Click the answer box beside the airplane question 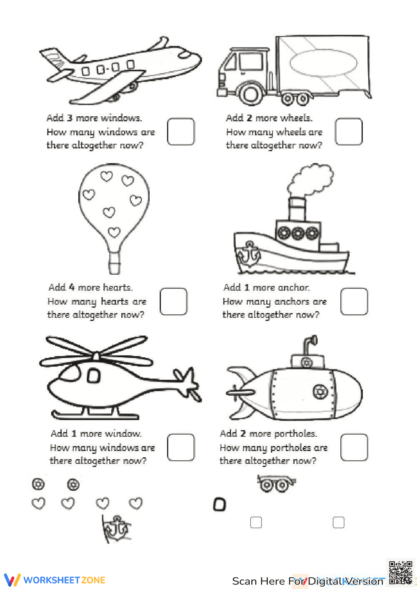tap(181, 132)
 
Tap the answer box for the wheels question tap(349, 132)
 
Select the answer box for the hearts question tap(173, 301)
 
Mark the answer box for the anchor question tap(354, 301)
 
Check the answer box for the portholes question tap(354, 447)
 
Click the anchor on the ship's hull tap(249, 253)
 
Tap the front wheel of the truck tap(251, 94)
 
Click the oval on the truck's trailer tap(323, 63)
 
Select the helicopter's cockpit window tap(93, 376)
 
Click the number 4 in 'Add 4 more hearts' tap(72, 287)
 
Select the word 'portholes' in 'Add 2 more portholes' tap(295, 434)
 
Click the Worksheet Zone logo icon tap(12, 580)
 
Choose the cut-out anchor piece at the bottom tap(116, 529)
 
